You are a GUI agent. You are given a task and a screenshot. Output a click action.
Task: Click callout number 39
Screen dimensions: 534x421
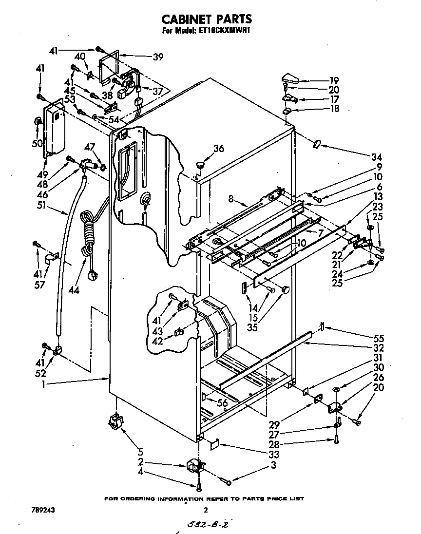(157, 57)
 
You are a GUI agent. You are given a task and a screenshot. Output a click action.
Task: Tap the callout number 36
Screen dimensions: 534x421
(219, 149)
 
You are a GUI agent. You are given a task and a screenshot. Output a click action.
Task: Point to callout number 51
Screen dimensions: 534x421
(43, 206)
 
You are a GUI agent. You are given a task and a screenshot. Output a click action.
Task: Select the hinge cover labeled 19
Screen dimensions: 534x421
(291, 78)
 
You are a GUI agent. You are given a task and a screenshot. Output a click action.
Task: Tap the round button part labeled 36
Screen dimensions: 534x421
(200, 163)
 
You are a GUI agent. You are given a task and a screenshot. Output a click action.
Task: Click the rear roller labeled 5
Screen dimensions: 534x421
(115, 420)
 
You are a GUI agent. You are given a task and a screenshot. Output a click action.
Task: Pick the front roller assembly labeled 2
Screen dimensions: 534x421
(195, 467)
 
